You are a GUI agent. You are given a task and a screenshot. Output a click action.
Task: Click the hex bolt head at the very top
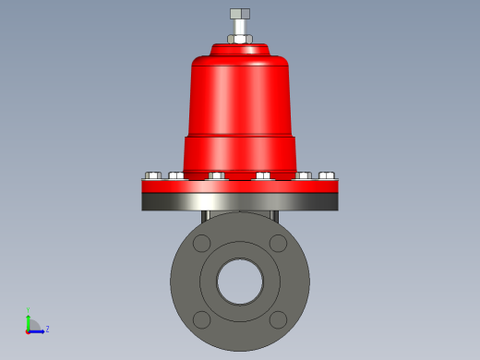tap(240, 14)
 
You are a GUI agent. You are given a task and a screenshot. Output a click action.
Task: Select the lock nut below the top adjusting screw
tap(240, 40)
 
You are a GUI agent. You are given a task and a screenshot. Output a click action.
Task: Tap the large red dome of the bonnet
tap(240, 92)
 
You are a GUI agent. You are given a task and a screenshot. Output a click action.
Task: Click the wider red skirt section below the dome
tap(240, 153)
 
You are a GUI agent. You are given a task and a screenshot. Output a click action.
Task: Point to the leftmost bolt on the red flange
tap(153, 175)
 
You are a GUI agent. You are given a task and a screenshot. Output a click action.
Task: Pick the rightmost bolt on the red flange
tap(326, 175)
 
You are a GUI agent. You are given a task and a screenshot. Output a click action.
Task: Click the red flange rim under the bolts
tap(240, 186)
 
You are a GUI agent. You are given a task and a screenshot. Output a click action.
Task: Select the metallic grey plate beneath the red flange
tap(240, 201)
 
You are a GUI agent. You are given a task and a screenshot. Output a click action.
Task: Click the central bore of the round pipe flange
tap(240, 282)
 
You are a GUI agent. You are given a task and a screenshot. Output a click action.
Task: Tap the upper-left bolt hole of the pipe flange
tap(201, 243)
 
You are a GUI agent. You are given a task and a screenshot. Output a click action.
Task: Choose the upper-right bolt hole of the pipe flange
tap(278, 243)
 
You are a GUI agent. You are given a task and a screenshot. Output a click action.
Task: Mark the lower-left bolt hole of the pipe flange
tap(201, 319)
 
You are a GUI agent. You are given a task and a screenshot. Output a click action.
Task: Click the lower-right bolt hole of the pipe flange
tap(278, 319)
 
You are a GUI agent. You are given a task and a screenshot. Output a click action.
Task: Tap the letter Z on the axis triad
tap(47, 329)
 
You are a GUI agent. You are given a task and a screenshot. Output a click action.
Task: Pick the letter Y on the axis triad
tap(29, 310)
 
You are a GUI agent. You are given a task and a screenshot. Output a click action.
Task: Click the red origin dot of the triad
tap(29, 330)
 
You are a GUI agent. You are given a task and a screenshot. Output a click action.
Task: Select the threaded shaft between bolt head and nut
tap(240, 27)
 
